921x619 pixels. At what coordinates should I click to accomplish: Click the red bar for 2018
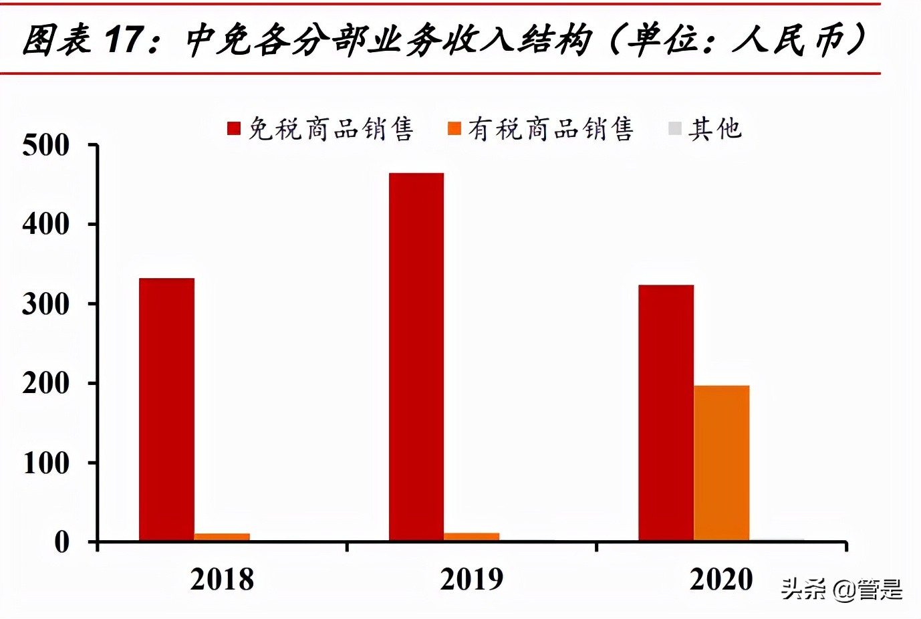coord(166,409)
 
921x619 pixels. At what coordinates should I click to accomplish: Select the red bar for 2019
coord(416,357)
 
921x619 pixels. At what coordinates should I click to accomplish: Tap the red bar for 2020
coord(666,412)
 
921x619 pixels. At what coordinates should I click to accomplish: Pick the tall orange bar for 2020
coord(721,463)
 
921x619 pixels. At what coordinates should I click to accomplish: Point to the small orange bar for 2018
coord(222,536)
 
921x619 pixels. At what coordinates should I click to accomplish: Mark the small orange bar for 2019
coord(471,536)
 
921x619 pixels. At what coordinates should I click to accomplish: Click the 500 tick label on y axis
coord(45,145)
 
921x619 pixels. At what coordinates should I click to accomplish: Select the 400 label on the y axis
coord(45,225)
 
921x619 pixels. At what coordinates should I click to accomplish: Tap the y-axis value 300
coord(45,304)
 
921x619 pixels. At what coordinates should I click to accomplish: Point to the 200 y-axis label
coord(45,384)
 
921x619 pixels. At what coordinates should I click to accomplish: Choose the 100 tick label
coord(45,463)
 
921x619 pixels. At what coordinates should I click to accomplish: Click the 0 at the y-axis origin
coord(61,542)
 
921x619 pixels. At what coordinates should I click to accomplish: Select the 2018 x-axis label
coord(222,580)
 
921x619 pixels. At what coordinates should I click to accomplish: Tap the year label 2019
coord(471,580)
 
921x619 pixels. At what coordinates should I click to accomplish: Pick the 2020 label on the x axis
coord(721,580)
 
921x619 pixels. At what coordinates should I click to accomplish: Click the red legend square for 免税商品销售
coord(234,128)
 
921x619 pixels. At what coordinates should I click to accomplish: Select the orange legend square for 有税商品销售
coord(454,128)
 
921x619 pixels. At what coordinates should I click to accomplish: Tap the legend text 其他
coord(715,128)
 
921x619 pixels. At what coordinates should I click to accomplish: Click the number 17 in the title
coord(124,39)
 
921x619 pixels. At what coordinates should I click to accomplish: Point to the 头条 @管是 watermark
coord(841,590)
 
